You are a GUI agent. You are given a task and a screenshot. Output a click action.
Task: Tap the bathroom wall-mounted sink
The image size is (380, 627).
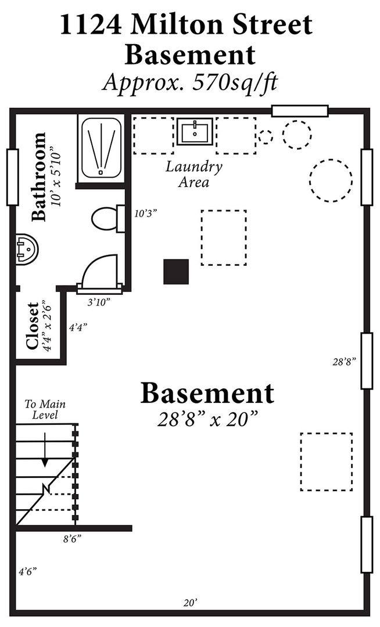pyautogui.click(x=26, y=248)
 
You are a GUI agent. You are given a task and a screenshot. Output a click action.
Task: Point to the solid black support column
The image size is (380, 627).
pyautogui.click(x=176, y=272)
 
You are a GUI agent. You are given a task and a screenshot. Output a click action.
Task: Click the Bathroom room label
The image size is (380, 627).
pyautogui.click(x=39, y=176)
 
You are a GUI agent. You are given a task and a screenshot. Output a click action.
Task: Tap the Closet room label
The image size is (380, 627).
pyautogui.click(x=32, y=326)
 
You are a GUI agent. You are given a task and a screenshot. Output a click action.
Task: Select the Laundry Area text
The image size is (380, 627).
pyautogui.click(x=194, y=174)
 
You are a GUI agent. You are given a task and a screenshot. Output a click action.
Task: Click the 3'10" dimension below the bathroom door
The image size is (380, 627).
pyautogui.click(x=99, y=302)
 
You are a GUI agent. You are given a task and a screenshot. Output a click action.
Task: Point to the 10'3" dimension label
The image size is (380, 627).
pyautogui.click(x=145, y=214)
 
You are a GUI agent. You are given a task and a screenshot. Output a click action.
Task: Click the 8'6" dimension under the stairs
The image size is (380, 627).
pyautogui.click(x=73, y=539)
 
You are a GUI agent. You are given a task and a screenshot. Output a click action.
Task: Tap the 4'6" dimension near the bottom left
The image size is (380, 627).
pyautogui.click(x=28, y=572)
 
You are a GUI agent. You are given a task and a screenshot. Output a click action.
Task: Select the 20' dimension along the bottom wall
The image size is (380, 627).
pyautogui.click(x=191, y=603)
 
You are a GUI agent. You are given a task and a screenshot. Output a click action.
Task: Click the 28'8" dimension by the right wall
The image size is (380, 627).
pyautogui.click(x=344, y=362)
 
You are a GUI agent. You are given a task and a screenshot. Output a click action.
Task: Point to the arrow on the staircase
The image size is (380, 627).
pyautogui.click(x=45, y=449)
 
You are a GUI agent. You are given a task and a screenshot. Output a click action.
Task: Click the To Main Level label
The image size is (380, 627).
pyautogui.click(x=45, y=409)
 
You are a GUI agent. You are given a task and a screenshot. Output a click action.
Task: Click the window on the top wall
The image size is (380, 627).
pyautogui.click(x=300, y=111)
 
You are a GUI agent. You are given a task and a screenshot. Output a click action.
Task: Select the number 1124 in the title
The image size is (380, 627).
pyautogui.click(x=92, y=25)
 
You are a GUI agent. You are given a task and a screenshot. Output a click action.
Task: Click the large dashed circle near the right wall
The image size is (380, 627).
pyautogui.click(x=331, y=181)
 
